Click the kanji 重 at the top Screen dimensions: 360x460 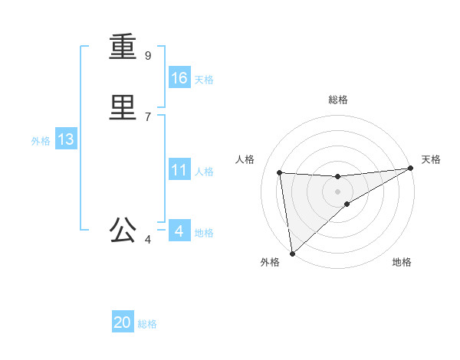[x=123, y=47]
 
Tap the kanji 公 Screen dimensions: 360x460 [x=123, y=230]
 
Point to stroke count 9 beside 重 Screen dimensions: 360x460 [x=148, y=55]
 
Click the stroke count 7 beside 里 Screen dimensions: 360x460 [x=148, y=116]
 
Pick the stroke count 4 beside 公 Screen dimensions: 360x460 [x=148, y=240]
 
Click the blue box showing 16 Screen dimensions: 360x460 [x=179, y=77]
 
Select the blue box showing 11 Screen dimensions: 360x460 [x=179, y=169]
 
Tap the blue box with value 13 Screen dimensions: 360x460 [x=66, y=139]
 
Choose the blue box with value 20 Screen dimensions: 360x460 [x=123, y=322]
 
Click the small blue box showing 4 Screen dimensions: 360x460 [x=179, y=231]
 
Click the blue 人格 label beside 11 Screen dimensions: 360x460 [x=204, y=172]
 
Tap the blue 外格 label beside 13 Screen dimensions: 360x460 [x=41, y=141]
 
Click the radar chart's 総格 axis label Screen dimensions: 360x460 [x=337, y=100]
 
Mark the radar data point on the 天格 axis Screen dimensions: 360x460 [x=410, y=169]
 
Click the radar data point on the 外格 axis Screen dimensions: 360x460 [x=292, y=253]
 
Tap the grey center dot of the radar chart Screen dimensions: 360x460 [x=337, y=191]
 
